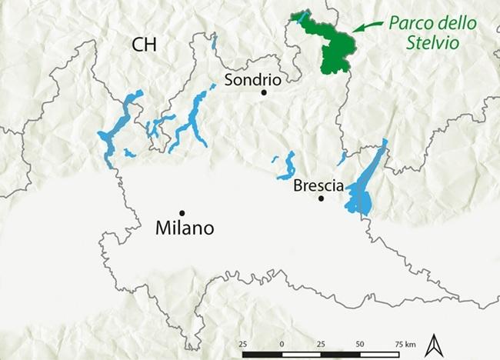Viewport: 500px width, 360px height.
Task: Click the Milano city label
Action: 184,228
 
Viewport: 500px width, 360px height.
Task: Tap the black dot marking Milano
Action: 182,213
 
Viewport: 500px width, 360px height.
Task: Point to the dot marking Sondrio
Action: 264,92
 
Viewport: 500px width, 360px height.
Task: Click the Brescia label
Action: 317,185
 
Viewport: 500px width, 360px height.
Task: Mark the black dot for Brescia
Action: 322,198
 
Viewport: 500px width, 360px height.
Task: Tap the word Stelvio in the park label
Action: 433,44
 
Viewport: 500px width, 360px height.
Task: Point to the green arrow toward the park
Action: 368,28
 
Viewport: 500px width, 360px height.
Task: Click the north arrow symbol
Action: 434,344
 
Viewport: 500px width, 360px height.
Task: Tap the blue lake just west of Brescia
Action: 290,165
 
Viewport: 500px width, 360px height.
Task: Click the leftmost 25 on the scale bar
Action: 242,342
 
